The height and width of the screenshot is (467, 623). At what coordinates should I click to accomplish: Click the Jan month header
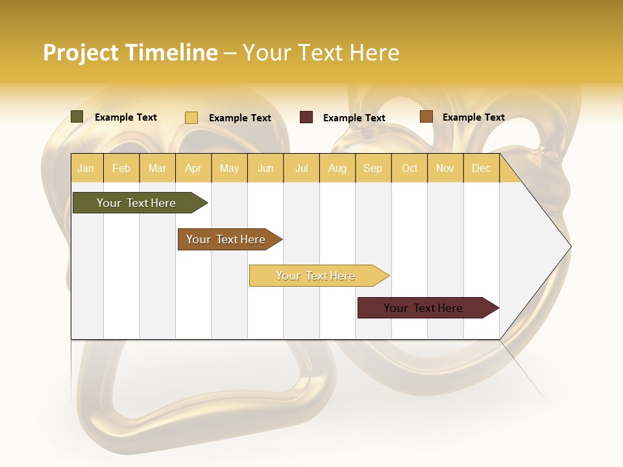pos(86,169)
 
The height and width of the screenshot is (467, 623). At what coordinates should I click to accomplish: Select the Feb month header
pos(121,169)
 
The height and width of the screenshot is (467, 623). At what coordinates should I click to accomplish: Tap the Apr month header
pos(193,169)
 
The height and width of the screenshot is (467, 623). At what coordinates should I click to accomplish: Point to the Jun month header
pos(265,169)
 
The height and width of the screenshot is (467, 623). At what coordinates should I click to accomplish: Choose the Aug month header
pos(337,169)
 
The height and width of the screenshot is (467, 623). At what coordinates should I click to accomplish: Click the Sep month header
pos(373,169)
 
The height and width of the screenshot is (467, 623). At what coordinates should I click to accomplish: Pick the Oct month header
pos(409,169)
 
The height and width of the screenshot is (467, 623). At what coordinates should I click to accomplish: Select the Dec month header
pos(481,169)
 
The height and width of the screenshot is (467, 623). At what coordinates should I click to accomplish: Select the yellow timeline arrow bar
pos(316,276)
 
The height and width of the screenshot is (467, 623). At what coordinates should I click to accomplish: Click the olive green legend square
pos(77,117)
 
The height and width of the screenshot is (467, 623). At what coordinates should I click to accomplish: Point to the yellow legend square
pos(191,117)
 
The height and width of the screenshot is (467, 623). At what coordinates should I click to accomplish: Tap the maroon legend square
pos(306,117)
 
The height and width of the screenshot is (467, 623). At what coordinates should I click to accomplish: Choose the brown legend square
pos(426,117)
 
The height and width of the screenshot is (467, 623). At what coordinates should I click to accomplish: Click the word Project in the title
pos(81,53)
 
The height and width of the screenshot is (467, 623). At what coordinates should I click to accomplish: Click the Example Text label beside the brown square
pos(473,117)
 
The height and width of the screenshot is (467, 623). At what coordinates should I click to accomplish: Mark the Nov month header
pos(445,169)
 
